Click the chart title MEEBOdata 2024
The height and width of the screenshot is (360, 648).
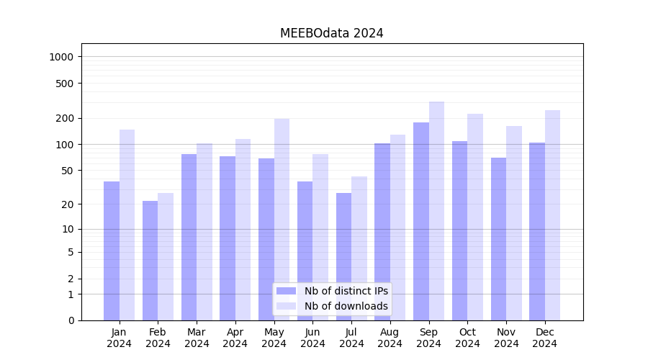point(331,33)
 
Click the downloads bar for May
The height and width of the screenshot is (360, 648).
point(282,220)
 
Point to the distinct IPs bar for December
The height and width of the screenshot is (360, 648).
point(537,231)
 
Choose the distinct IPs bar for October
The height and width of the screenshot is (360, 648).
point(459,230)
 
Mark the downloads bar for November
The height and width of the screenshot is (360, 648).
point(514,223)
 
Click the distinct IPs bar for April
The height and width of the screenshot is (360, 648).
point(228,238)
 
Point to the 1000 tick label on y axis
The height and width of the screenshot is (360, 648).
point(62,57)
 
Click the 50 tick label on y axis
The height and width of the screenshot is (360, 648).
point(67,171)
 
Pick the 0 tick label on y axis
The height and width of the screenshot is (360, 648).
point(71,320)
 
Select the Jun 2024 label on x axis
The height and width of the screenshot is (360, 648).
point(312,338)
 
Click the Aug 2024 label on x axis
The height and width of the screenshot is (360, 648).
point(390,338)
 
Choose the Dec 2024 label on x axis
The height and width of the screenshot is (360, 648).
point(545,338)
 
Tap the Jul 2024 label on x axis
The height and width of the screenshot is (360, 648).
point(351,338)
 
